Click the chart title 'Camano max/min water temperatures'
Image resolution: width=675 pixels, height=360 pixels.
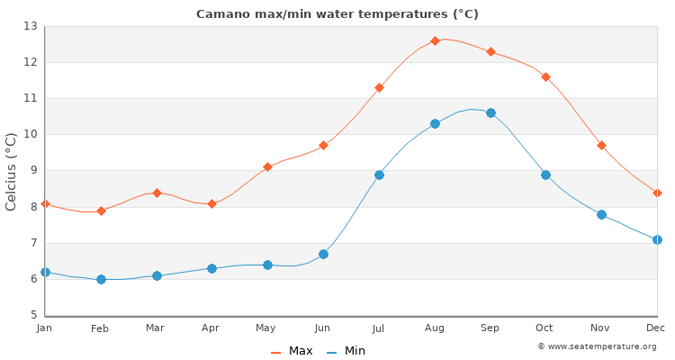(x=337, y=14)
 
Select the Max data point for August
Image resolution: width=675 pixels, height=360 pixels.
(x=435, y=40)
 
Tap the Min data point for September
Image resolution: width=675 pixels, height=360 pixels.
(x=490, y=112)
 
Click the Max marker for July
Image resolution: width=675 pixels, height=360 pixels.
(x=379, y=87)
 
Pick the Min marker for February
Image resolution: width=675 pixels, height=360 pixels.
(x=101, y=279)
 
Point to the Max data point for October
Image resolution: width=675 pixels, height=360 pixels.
(x=545, y=76)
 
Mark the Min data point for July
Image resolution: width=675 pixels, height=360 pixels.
(x=379, y=175)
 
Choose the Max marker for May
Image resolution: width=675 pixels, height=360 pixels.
(x=267, y=166)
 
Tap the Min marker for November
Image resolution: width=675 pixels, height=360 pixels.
(x=601, y=214)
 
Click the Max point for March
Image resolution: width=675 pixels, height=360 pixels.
(x=157, y=193)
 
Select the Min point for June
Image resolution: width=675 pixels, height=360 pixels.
(x=323, y=254)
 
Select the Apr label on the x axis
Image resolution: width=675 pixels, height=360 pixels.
(x=211, y=329)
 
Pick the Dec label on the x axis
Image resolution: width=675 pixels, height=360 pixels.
(x=655, y=329)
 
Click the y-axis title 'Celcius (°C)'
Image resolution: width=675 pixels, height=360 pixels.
(x=12, y=171)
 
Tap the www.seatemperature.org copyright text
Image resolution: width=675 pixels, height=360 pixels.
(x=597, y=346)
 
